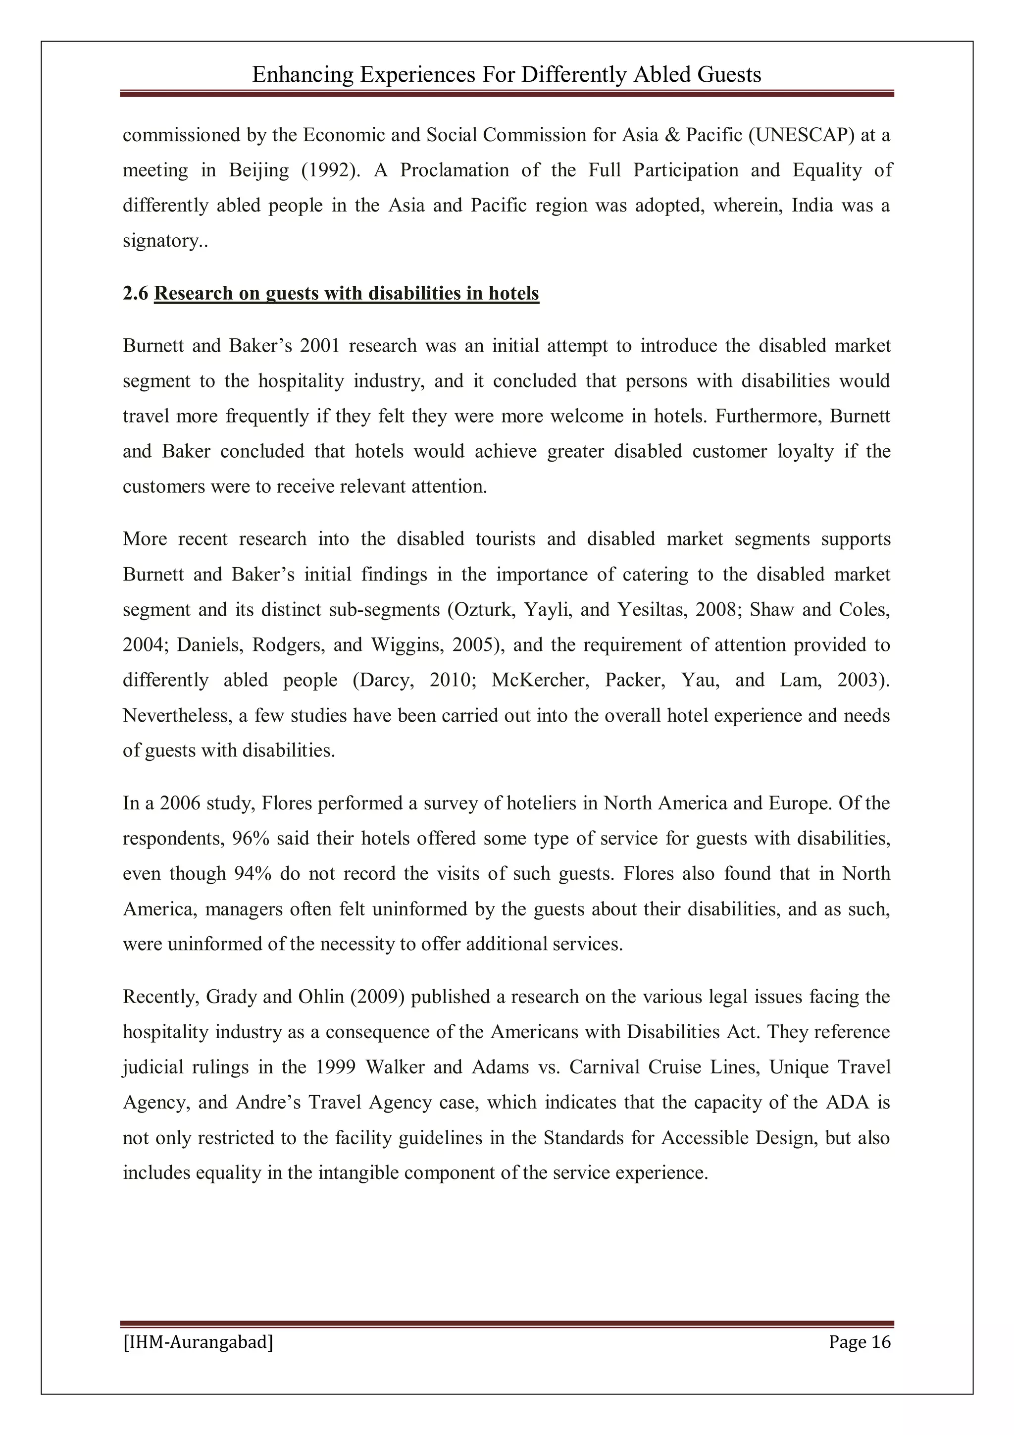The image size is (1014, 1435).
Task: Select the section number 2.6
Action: pyautogui.click(x=136, y=293)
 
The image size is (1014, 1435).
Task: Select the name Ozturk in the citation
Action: pyautogui.click(x=482, y=609)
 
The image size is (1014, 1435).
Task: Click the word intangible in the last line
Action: pyautogui.click(x=358, y=1172)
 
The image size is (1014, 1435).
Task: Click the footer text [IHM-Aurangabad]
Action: pyautogui.click(x=198, y=1342)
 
